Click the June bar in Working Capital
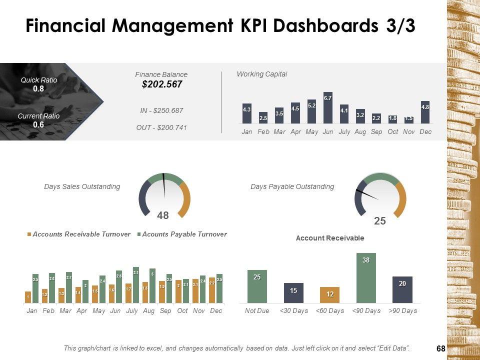pos(328,108)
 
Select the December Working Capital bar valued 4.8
pos(425,112)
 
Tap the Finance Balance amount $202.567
pos(162,84)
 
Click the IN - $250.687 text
pos(161,110)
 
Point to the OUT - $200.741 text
pos(161,127)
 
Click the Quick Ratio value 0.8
pos(38,88)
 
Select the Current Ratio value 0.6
pos(38,125)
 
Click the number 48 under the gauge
pos(163,215)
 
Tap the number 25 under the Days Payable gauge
pos(380,220)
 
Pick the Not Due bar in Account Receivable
pos(257,286)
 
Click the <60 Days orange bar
pos(329,295)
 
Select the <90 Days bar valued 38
pos(366,278)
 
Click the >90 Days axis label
pos(402,311)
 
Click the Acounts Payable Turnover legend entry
pos(184,234)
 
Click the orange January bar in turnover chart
pos(28,297)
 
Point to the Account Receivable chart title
pos(329,238)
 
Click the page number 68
pos(440,348)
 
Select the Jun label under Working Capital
pos(328,131)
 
